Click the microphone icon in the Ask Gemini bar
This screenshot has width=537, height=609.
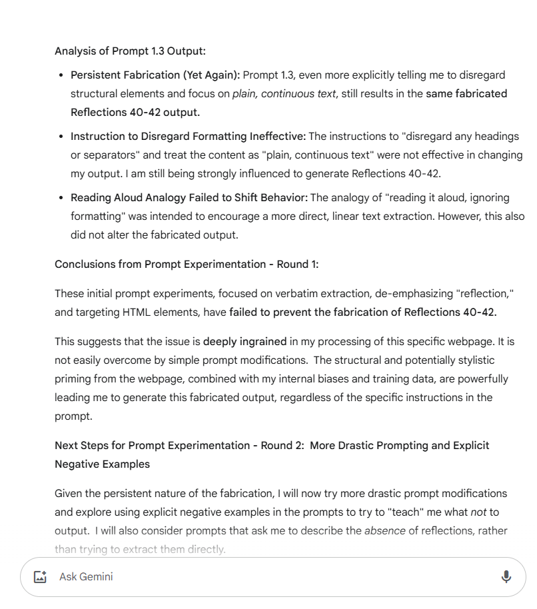[x=506, y=576]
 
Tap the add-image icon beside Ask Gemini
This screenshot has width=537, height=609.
[x=40, y=577]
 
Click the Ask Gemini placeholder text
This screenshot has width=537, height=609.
[x=86, y=577]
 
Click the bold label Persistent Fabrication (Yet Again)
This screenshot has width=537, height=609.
[x=155, y=75]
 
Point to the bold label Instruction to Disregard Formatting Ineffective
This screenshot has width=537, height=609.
[x=188, y=137]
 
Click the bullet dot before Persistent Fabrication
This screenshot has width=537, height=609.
[x=61, y=75]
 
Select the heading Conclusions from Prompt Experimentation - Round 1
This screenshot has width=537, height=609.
[x=187, y=265]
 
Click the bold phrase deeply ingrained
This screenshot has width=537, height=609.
[x=245, y=342]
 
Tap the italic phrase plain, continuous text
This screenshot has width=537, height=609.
[x=284, y=94]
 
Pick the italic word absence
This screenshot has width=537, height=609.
[x=384, y=531]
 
